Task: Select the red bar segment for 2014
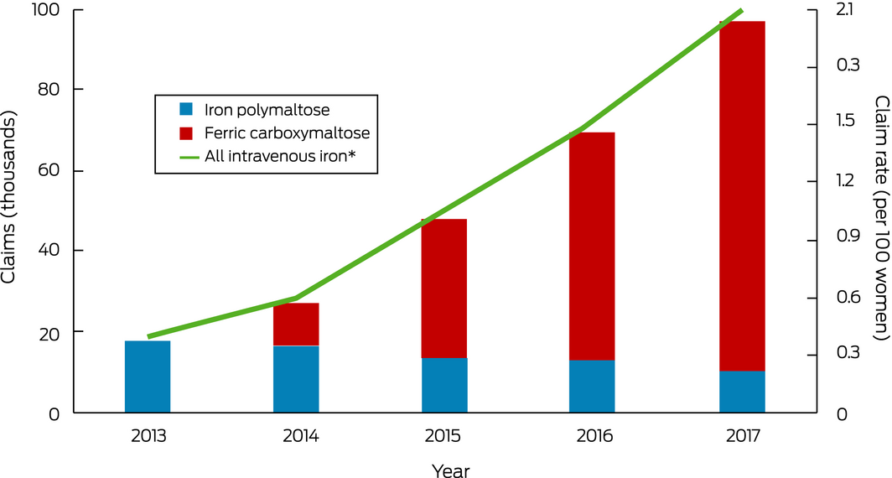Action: [x=296, y=324]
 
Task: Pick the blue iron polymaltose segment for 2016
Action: [x=592, y=387]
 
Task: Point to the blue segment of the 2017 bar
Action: [x=742, y=392]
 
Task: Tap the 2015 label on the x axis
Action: [x=444, y=437]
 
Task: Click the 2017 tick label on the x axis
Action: [x=742, y=437]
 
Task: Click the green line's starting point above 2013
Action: [x=148, y=337]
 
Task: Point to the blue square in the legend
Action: [x=186, y=110]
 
